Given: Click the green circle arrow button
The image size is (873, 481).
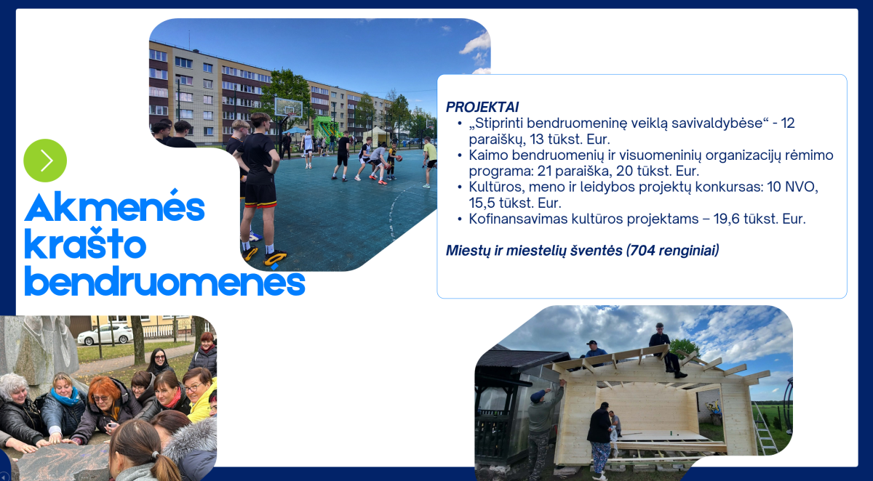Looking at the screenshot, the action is (x=45, y=161).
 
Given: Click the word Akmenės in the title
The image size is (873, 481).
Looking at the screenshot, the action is (x=115, y=206).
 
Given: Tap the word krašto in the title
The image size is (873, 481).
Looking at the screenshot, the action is (x=85, y=243).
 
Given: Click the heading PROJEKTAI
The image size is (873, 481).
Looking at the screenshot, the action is (x=482, y=107).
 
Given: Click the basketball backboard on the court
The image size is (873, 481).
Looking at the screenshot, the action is (x=288, y=108).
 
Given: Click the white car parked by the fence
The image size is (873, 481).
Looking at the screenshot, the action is (x=105, y=335).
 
